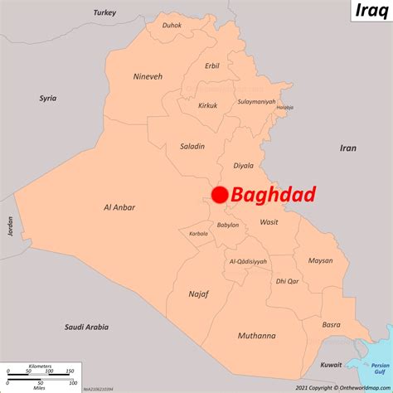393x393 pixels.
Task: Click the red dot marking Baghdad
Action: click(x=220, y=195)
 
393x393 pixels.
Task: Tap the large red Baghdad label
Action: click(x=274, y=196)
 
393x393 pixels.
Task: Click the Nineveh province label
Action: click(x=148, y=76)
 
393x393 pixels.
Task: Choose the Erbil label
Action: click(x=212, y=65)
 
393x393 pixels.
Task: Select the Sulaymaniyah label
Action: click(x=257, y=102)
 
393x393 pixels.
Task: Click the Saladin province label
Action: click(x=192, y=147)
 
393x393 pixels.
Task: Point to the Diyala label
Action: click(x=244, y=164)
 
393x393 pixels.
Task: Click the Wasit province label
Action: click(x=269, y=222)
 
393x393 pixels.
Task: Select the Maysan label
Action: click(x=320, y=261)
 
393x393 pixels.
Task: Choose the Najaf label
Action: click(x=198, y=294)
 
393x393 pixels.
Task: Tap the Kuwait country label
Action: click(x=331, y=365)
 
